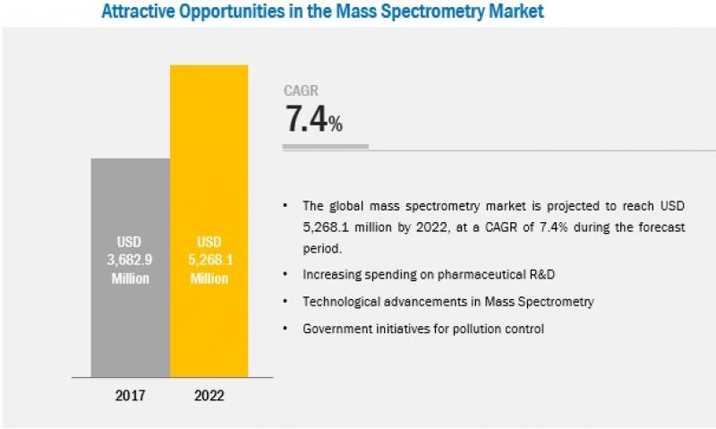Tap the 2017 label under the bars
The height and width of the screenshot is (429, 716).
[x=131, y=394]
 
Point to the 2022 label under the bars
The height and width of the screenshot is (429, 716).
[x=209, y=394]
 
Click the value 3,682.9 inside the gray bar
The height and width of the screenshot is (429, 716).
[x=131, y=261]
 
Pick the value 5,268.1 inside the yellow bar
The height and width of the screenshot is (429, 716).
[x=209, y=261]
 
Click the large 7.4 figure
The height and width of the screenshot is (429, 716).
[x=305, y=120]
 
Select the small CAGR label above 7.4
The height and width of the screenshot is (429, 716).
[x=301, y=90]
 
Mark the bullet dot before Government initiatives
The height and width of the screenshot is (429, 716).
[x=286, y=329]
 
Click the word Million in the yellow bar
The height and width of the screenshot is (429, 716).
[x=209, y=279]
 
